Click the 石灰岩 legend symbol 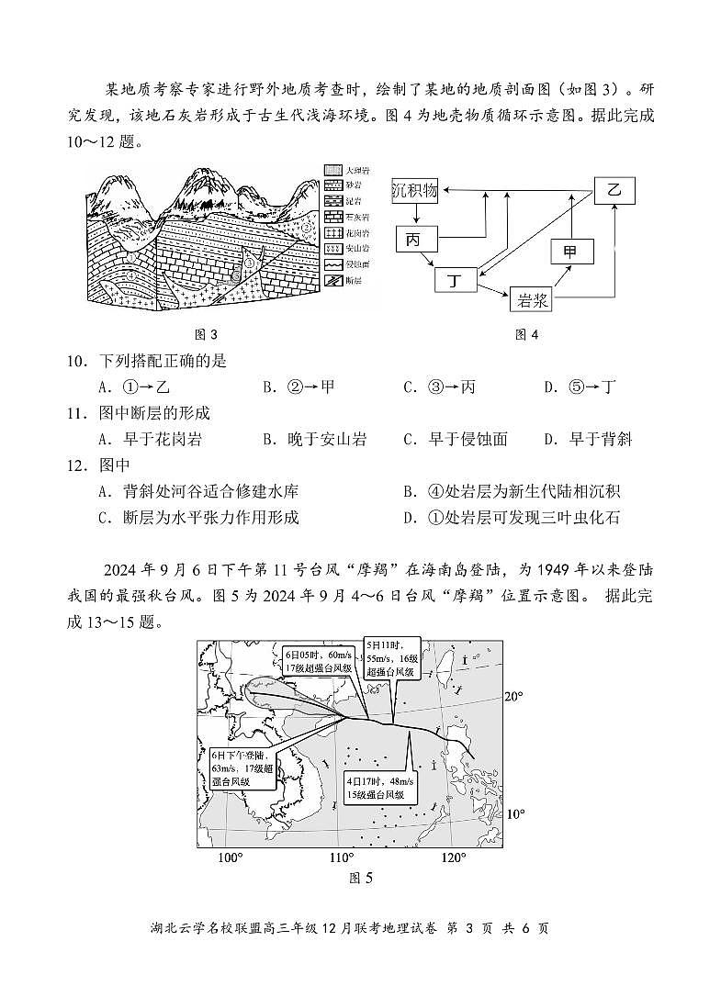332,218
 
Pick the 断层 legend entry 332,280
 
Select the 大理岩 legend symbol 332,171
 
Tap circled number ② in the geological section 307,226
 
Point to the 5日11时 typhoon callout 392,658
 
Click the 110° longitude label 342,857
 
